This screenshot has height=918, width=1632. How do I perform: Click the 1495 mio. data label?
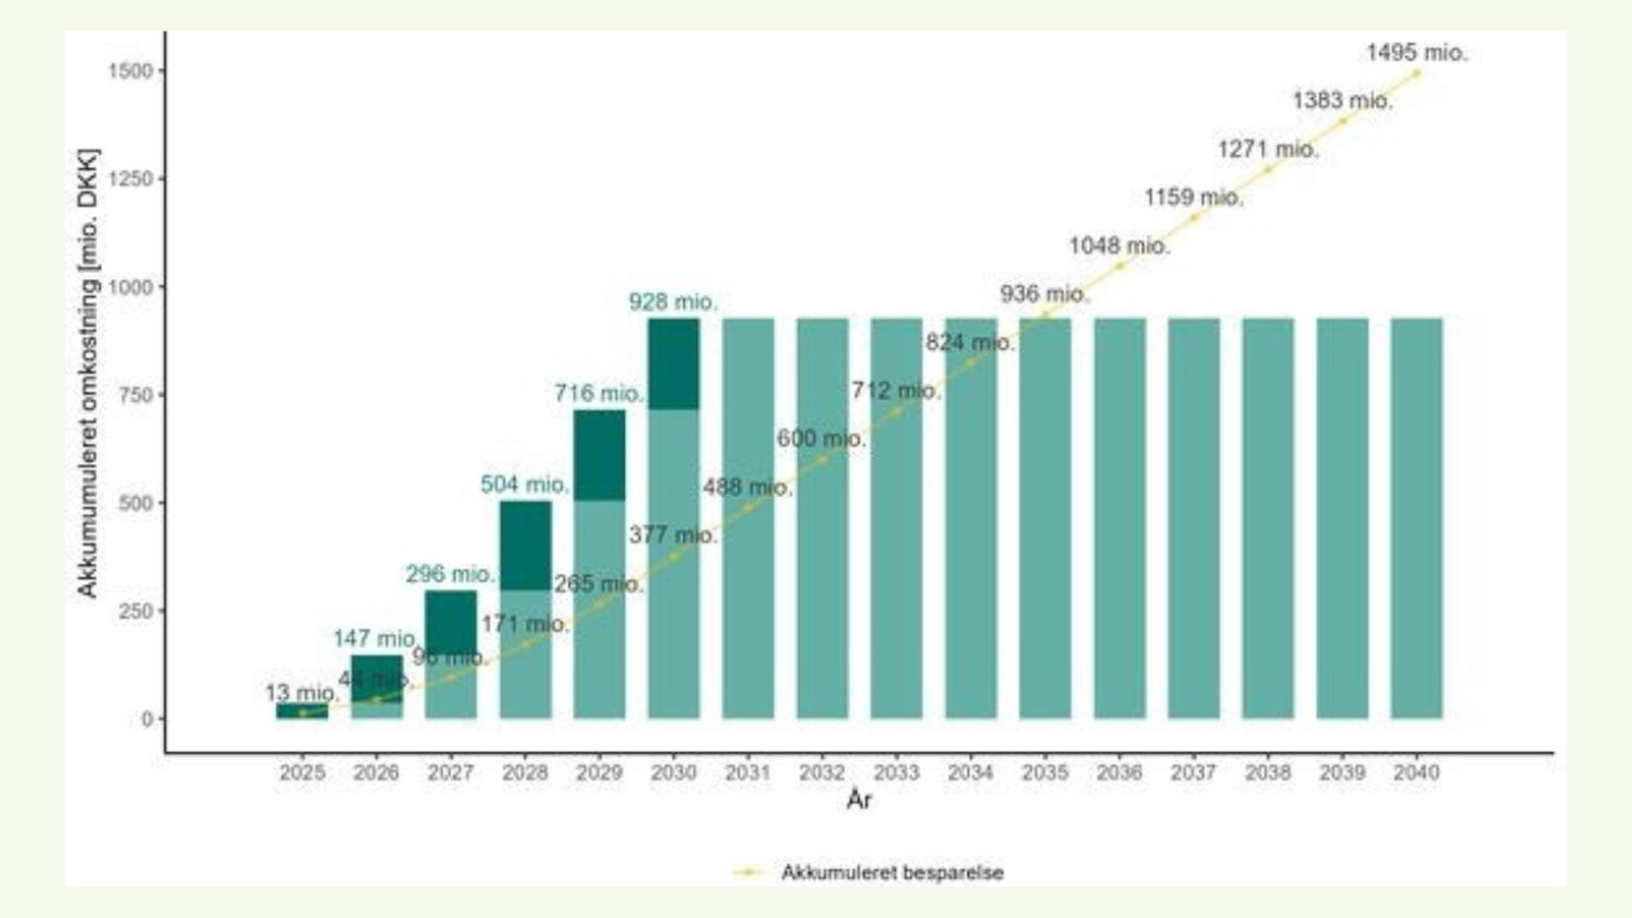pos(1416,53)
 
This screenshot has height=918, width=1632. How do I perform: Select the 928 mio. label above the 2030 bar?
pos(673,302)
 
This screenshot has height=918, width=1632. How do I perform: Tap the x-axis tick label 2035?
pos(1045,773)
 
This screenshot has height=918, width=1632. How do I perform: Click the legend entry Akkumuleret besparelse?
pos(892,873)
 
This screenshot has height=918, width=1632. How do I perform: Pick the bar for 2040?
pos(1416,518)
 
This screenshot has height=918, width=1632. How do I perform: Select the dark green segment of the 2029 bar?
pos(599,455)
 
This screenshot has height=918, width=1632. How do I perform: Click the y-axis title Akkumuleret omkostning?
pos(88,373)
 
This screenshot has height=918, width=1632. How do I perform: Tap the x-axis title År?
pos(858,800)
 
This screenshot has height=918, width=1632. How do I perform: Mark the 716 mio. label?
pos(598,394)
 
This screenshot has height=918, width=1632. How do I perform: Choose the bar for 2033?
pos(896,518)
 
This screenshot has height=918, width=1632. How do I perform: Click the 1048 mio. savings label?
pos(1119,246)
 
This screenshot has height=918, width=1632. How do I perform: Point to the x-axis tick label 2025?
pos(302,773)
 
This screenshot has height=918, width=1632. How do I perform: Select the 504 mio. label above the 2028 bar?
pos(524,484)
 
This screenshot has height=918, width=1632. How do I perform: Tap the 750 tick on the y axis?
pos(136,395)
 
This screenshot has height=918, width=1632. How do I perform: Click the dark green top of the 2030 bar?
pos(673,364)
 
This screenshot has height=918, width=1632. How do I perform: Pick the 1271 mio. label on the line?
pos(1267,150)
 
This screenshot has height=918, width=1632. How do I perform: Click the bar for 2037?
pos(1193,518)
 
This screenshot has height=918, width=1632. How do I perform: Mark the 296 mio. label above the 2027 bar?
pos(450,575)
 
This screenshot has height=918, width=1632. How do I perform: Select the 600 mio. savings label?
pos(821,439)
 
